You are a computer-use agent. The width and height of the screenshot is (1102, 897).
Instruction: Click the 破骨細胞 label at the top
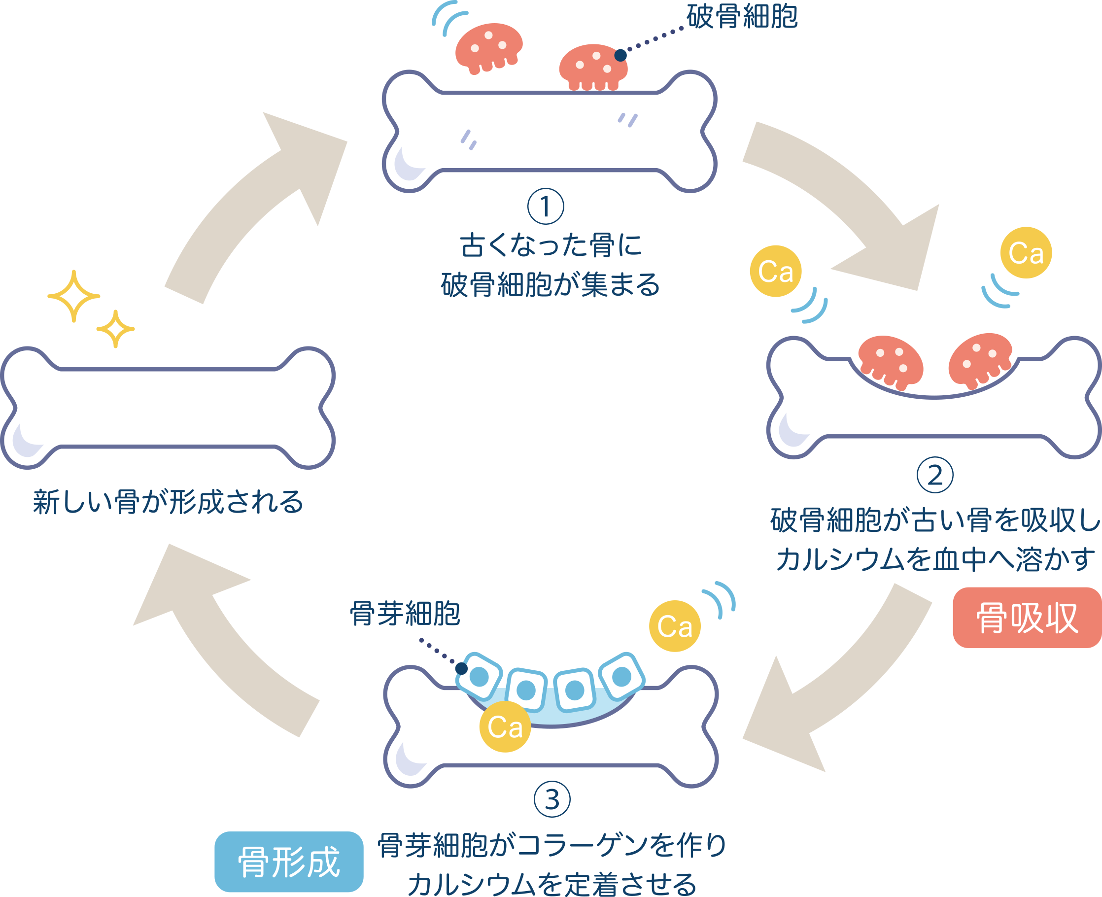(x=742, y=17)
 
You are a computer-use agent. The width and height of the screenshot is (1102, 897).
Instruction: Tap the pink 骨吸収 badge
(x=1027, y=618)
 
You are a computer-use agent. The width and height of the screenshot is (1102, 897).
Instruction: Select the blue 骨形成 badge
(x=289, y=862)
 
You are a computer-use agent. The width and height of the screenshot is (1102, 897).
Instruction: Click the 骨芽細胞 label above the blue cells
(x=405, y=613)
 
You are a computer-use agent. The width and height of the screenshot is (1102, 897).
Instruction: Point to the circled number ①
(x=546, y=207)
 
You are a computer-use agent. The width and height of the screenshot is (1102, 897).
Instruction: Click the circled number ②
(x=934, y=475)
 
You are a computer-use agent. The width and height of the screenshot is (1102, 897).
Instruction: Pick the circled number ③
(x=552, y=799)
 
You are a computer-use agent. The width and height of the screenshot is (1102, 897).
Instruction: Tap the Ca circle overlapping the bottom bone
(x=505, y=727)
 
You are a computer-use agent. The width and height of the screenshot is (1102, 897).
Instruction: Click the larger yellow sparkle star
(x=74, y=296)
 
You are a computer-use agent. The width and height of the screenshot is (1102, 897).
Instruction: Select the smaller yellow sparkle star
(x=115, y=329)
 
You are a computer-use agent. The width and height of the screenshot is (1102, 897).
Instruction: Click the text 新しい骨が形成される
(x=168, y=502)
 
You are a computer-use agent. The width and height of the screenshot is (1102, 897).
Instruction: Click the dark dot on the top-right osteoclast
(x=620, y=55)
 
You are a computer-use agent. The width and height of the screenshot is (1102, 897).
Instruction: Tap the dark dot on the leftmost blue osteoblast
(x=461, y=669)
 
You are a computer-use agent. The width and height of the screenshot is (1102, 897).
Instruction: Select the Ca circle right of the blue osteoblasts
(x=675, y=626)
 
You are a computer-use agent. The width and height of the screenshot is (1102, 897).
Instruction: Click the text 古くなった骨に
(x=551, y=245)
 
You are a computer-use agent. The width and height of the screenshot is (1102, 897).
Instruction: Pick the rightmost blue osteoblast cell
(x=621, y=676)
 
